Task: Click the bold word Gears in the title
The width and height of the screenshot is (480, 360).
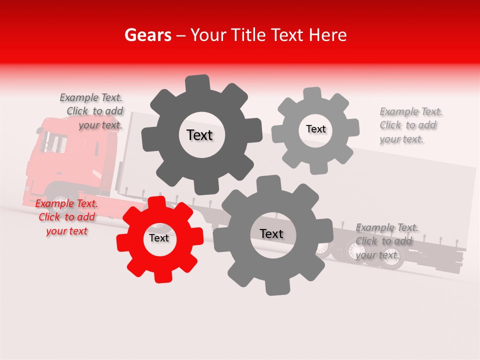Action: point(148,35)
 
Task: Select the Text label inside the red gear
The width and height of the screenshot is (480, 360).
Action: point(159,238)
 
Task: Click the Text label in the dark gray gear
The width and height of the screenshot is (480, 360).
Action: point(199,135)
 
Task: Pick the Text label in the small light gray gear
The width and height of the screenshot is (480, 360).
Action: point(315,129)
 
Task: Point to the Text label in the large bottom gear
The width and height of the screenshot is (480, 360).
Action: point(271,233)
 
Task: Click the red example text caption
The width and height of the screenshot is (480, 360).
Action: point(66,217)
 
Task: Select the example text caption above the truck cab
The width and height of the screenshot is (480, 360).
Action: point(91,111)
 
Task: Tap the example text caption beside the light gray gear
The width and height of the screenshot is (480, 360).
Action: point(411,125)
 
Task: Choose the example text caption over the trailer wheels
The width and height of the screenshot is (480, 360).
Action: point(387,241)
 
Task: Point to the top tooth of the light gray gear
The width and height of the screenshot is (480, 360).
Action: point(312,94)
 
